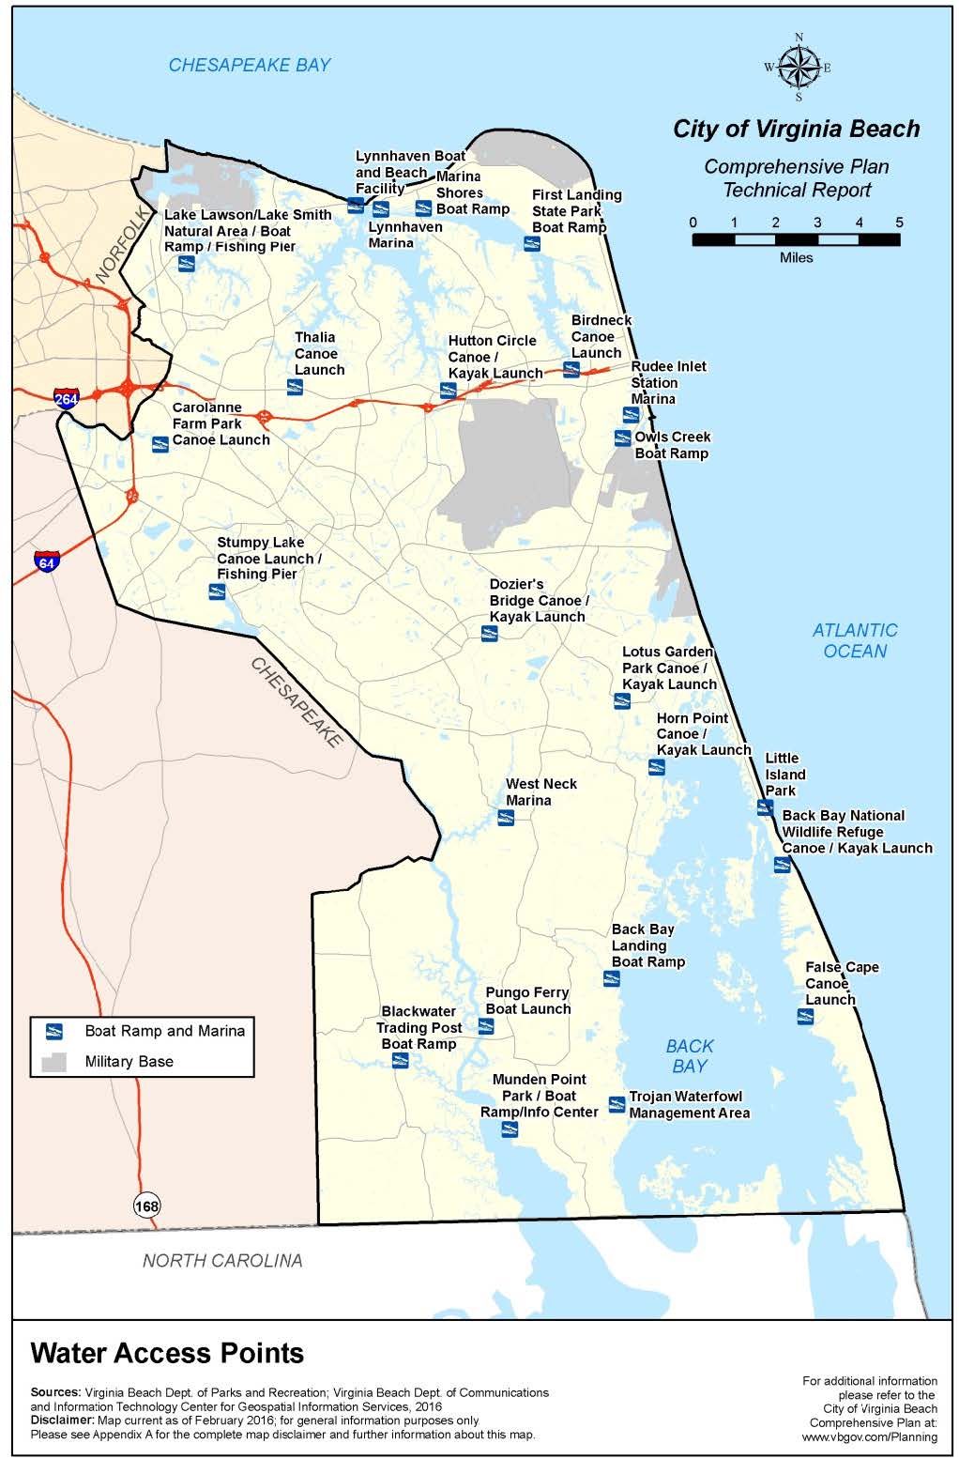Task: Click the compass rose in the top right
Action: point(797,67)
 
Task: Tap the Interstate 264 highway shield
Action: point(66,397)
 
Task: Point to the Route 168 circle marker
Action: point(146,1206)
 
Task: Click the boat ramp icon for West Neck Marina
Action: point(506,818)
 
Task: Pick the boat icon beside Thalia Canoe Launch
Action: point(295,387)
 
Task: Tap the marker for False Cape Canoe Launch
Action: point(804,1016)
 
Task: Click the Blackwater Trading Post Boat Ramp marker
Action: point(401,1060)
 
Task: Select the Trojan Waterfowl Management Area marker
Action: point(616,1104)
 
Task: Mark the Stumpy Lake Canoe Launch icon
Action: point(217,591)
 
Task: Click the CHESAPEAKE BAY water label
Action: point(250,65)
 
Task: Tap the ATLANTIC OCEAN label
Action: point(855,640)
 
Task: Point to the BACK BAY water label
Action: point(690,1056)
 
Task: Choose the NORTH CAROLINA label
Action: point(222,1261)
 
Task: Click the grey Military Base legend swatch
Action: point(53,1061)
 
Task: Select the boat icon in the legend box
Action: point(54,1031)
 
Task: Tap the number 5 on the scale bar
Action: point(898,223)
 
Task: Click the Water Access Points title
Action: point(167,1353)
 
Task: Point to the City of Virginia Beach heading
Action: point(796,130)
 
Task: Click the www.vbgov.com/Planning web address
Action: point(869,1436)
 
